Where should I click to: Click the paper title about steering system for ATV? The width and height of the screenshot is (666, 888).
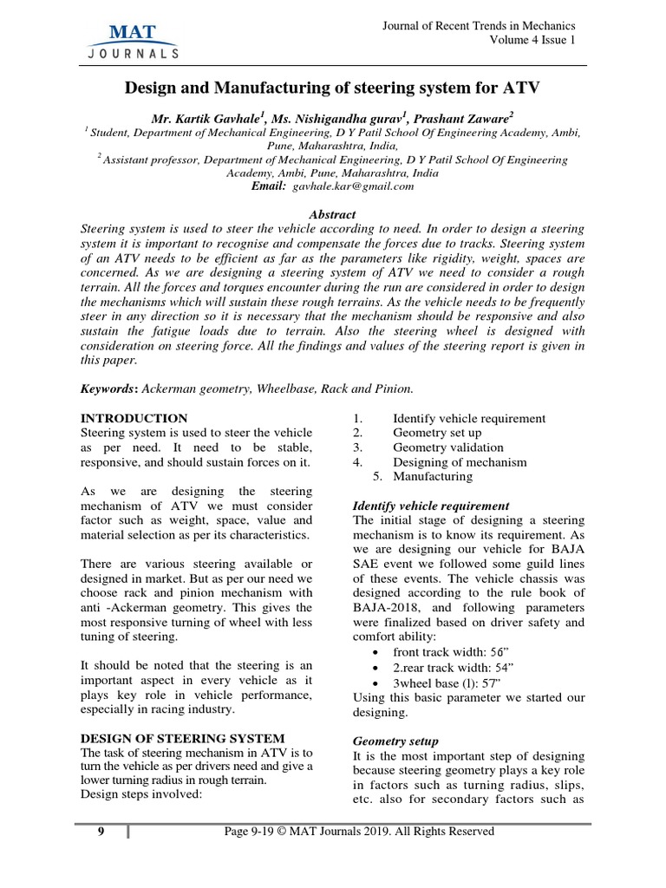pyautogui.click(x=332, y=88)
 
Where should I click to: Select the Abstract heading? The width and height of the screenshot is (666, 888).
pyautogui.click(x=332, y=214)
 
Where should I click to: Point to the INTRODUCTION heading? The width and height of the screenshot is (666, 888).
pyautogui.click(x=134, y=418)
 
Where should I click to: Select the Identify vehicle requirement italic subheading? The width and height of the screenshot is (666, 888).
pyautogui.click(x=431, y=506)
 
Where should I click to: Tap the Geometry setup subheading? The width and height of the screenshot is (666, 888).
pyautogui.click(x=395, y=741)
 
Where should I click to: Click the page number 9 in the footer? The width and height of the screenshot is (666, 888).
pyautogui.click(x=101, y=832)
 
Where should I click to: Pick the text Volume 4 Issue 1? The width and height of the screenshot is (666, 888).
pyautogui.click(x=532, y=40)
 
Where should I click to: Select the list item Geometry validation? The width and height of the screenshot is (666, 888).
pyautogui.click(x=447, y=447)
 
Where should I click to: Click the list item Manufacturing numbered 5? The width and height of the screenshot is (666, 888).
pyautogui.click(x=433, y=476)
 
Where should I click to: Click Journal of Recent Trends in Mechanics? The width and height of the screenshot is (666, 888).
pyautogui.click(x=479, y=26)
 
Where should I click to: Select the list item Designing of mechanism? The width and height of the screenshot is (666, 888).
pyautogui.click(x=460, y=462)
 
